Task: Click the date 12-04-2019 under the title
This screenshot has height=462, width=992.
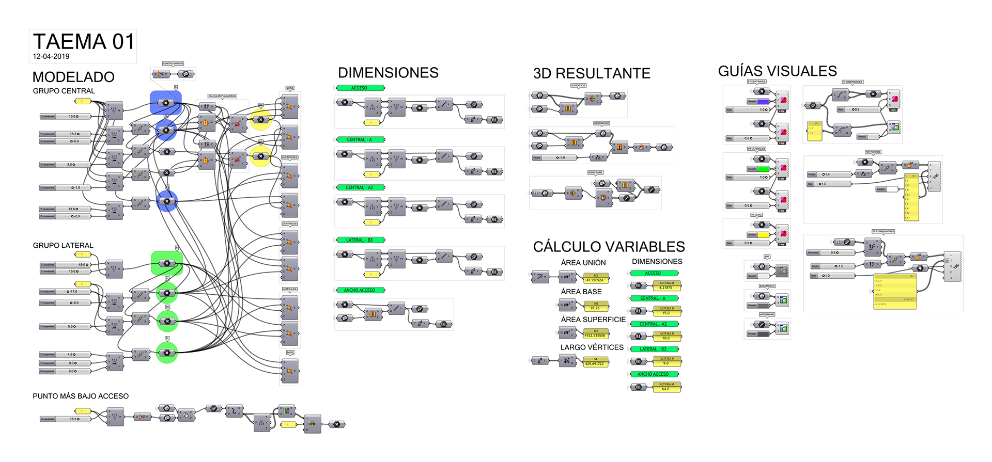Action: pos(51,56)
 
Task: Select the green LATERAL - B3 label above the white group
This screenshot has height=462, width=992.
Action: pos(360,240)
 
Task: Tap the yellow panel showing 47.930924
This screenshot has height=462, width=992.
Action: pos(596,278)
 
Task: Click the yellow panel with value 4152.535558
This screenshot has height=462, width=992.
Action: pos(596,333)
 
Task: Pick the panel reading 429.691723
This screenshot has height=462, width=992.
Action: pos(596,362)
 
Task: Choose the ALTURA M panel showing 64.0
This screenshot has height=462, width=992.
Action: pos(667,387)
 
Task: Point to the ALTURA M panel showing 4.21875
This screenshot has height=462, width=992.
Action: pos(667,285)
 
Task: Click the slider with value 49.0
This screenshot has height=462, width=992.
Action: pos(65,265)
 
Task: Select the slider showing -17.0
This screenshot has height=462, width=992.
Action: pos(65,292)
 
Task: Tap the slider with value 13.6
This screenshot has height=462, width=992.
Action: pos(65,209)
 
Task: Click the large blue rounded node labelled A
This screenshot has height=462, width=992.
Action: pos(165,103)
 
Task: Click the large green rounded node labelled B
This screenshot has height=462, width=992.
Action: pos(166,263)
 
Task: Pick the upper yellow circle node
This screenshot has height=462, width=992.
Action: pos(261,119)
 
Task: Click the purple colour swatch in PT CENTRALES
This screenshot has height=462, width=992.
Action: pos(763,102)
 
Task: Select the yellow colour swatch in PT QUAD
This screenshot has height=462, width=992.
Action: pos(763,235)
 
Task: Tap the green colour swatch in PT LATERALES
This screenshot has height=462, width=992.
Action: pos(763,169)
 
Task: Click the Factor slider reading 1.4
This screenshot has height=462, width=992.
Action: pos(830,174)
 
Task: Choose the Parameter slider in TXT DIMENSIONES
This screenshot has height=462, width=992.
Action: pos(830,252)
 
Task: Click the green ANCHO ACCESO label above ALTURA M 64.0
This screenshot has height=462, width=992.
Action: pos(654,374)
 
